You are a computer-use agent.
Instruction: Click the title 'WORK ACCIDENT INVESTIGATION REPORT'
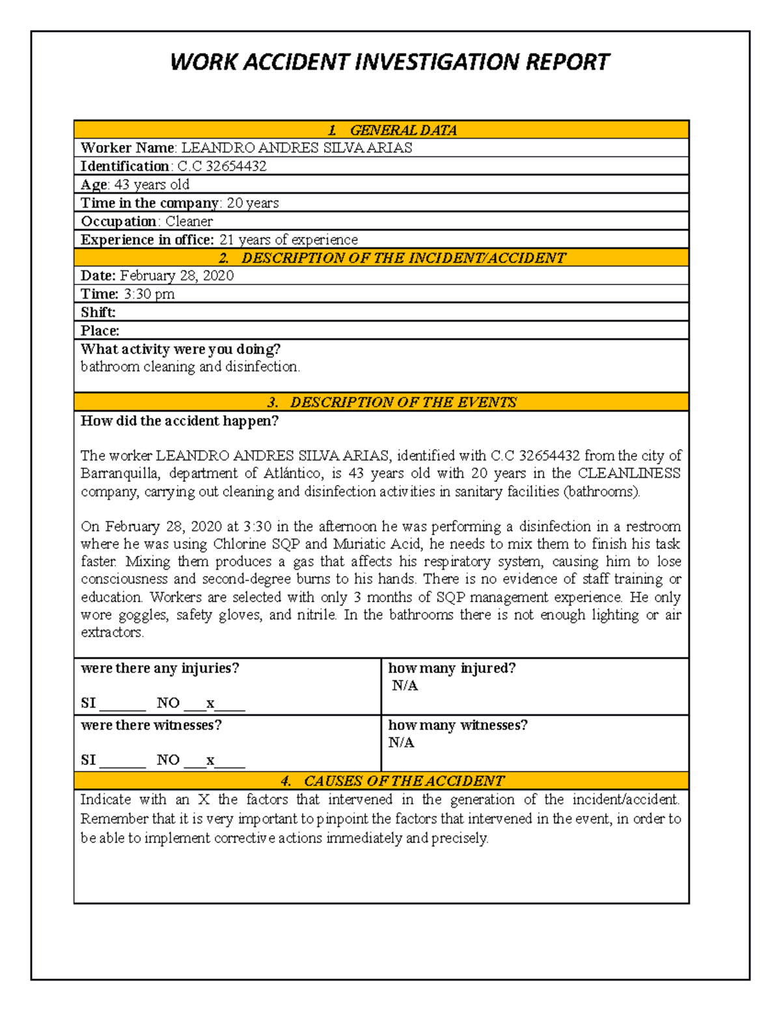tap(389, 62)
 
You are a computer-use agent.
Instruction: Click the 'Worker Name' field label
tap(128, 148)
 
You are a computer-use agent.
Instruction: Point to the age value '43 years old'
tap(152, 185)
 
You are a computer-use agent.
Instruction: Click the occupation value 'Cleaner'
tap(189, 221)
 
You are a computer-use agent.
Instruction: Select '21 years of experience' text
tap(288, 240)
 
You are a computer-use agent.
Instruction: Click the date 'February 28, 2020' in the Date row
tap(176, 275)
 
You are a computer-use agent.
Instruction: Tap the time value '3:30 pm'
tap(149, 294)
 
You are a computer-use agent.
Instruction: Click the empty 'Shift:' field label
tap(98, 312)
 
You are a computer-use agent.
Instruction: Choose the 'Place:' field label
tap(100, 331)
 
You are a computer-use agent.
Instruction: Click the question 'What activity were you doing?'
tap(180, 349)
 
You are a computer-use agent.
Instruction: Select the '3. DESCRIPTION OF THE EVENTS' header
tap(392, 402)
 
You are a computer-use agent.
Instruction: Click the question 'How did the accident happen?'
tap(179, 421)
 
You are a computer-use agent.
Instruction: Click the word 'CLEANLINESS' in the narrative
tap(629, 473)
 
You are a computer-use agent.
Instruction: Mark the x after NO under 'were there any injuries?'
tap(210, 703)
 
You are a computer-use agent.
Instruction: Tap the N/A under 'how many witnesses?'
tap(401, 743)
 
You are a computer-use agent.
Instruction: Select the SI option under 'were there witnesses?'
tap(89, 760)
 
